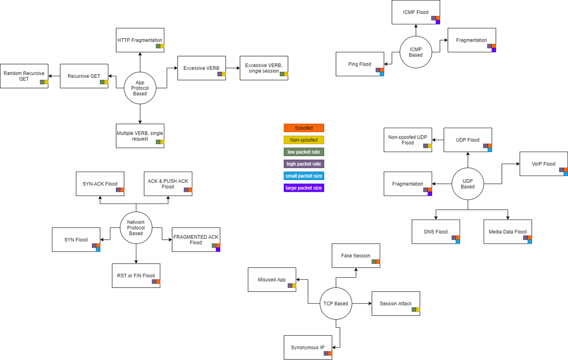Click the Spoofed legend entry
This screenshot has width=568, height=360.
pyautogui.click(x=304, y=128)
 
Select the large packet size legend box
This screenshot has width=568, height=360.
pyautogui.click(x=304, y=188)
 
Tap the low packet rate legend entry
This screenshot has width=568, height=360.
pyautogui.click(x=304, y=152)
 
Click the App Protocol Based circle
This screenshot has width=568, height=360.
pyautogui.click(x=140, y=88)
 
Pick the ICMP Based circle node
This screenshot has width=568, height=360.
pyautogui.click(x=415, y=52)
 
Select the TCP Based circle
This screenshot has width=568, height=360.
pyautogui.click(x=336, y=304)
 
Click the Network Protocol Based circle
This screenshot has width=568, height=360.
pyautogui.click(x=136, y=228)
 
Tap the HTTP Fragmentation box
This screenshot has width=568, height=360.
pyautogui.click(x=140, y=40)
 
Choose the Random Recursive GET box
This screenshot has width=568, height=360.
pyautogui.click(x=24, y=76)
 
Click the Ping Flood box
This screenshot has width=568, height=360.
pyautogui.click(x=360, y=64)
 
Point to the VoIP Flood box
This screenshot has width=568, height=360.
pyautogui.click(x=544, y=164)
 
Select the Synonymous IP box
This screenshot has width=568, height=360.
pyautogui.click(x=308, y=347)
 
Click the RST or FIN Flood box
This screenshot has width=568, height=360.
pyautogui.click(x=136, y=276)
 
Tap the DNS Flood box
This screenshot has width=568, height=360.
pyautogui.click(x=436, y=231)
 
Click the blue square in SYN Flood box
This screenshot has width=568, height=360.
pyautogui.click(x=98, y=250)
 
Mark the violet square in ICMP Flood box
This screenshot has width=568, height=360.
pyautogui.click(x=438, y=22)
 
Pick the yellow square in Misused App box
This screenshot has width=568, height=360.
pyautogui.click(x=294, y=285)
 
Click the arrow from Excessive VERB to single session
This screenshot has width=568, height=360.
pyautogui.click(x=233, y=68)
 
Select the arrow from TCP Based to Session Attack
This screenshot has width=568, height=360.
pyautogui.click(x=362, y=304)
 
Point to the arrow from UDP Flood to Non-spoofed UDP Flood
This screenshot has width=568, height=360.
pyautogui.click(x=438, y=140)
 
